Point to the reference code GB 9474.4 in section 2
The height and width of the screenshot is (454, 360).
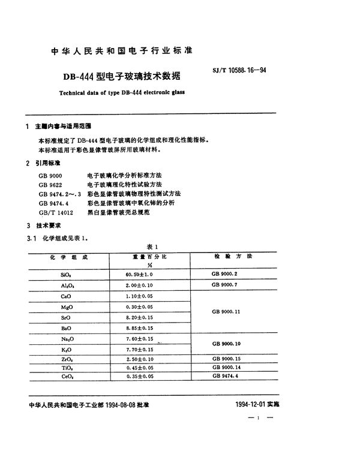53,203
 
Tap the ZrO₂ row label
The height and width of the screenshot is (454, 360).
66,358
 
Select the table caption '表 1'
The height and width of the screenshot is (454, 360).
151,247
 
